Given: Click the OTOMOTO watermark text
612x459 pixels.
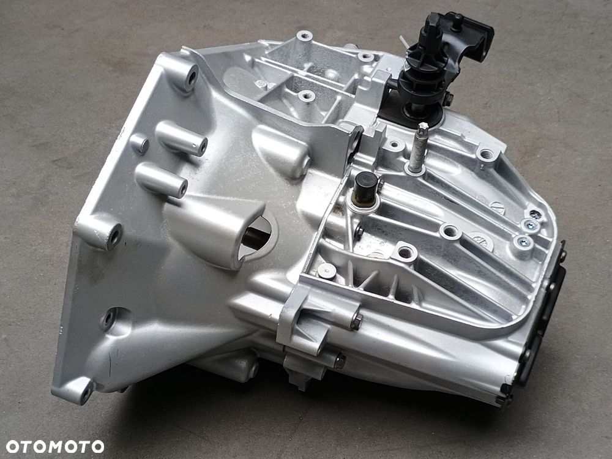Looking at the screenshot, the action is tap(54, 447).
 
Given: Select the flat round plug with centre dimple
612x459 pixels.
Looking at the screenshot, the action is tap(326, 271).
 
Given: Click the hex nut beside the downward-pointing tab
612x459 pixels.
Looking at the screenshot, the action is tap(339, 360).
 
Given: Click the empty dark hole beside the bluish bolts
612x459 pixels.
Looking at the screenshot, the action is tap(535, 214).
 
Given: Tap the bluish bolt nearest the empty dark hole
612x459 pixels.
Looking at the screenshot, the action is tap(530, 225).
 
